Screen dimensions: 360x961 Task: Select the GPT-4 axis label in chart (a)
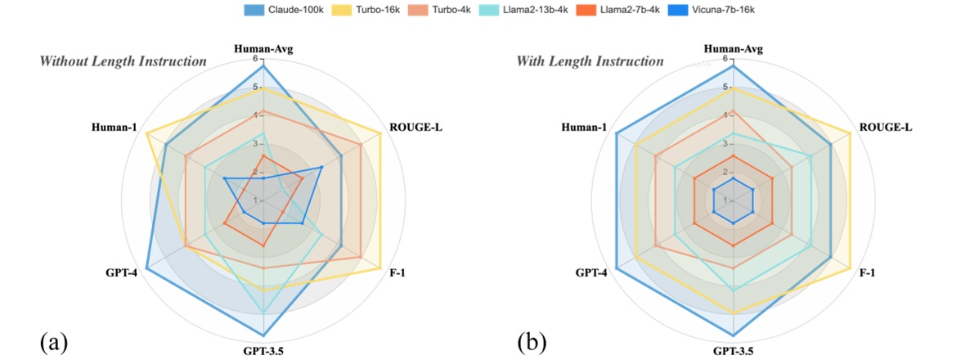click(121, 272)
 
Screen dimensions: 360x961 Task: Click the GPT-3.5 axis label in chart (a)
click(263, 351)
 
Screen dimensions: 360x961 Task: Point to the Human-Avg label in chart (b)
click(733, 49)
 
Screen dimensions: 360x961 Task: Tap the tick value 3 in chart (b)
click(725, 144)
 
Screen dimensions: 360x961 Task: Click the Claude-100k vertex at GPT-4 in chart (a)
click(146, 268)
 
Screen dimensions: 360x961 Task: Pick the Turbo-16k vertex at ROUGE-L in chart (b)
click(851, 133)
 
